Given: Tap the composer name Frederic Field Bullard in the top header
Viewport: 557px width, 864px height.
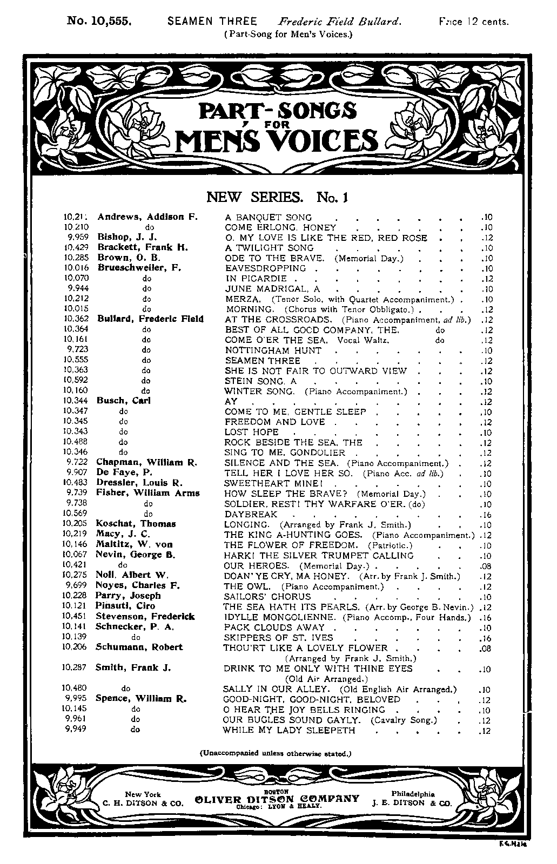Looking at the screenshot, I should [340, 22].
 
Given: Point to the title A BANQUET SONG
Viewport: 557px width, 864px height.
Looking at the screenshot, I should [268, 218].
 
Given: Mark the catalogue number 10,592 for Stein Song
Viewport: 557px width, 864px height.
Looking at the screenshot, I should [76, 381].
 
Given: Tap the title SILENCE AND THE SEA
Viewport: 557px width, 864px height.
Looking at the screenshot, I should [281, 463].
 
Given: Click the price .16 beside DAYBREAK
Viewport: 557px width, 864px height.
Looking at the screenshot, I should [485, 515].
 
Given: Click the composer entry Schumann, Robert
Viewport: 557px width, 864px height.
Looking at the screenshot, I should [139, 647].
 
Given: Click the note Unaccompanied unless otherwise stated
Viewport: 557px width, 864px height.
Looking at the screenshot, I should [276, 753].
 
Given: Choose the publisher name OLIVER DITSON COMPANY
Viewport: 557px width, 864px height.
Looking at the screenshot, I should [277, 798].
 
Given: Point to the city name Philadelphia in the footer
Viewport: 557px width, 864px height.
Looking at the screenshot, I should [413, 794].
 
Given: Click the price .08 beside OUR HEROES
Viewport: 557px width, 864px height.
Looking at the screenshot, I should [485, 566].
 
